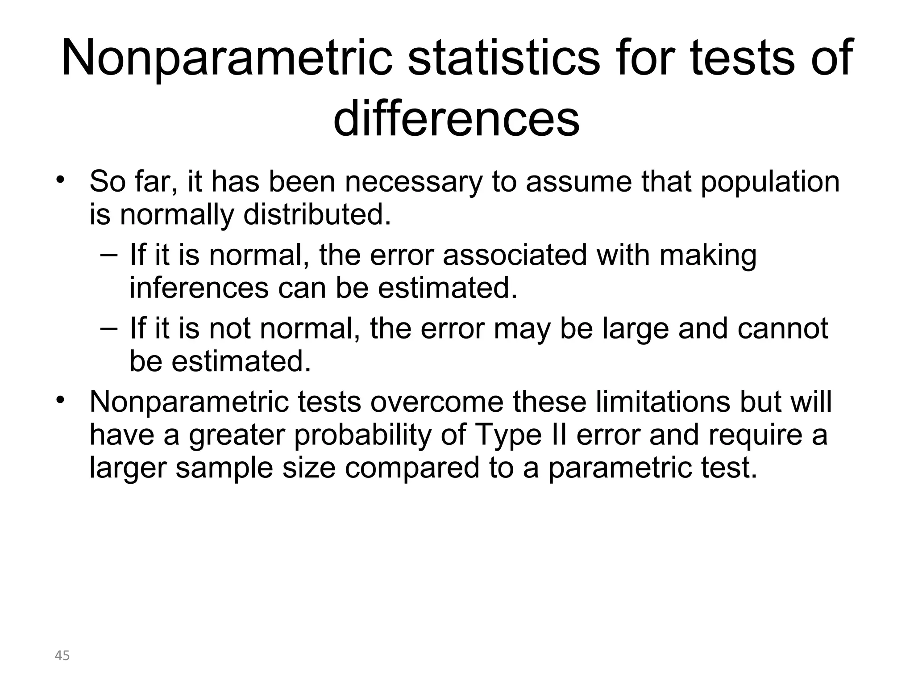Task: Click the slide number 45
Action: (62, 656)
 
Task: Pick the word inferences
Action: (199, 288)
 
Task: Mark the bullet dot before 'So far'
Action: (61, 180)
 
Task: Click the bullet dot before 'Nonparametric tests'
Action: (61, 399)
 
